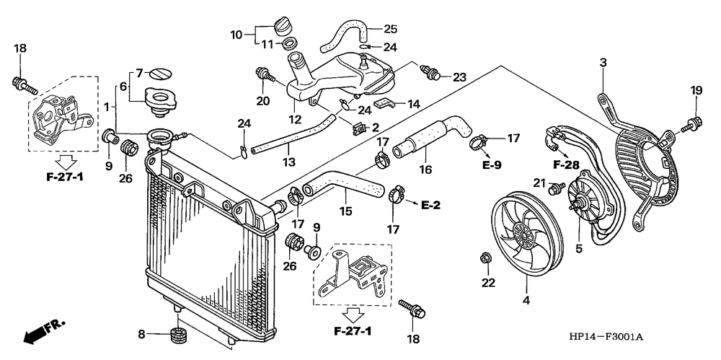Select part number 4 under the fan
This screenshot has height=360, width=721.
click(526, 301)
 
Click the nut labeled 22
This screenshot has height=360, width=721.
click(484, 258)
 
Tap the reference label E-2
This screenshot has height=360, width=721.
click(431, 206)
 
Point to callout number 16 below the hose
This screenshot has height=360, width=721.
click(425, 170)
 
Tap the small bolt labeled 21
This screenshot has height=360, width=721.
click(557, 187)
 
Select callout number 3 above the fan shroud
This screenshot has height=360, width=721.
click(603, 63)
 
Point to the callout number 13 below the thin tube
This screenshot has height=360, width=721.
click(289, 162)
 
